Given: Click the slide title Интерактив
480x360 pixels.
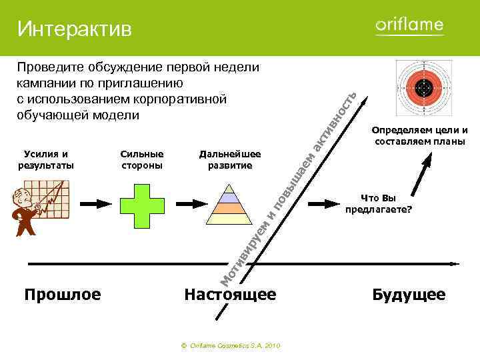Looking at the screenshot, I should tap(75, 29).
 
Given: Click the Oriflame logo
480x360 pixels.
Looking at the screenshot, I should tap(409, 26).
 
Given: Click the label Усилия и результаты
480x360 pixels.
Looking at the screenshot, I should tap(47, 160).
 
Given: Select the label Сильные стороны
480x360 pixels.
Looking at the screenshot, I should tap(142, 160).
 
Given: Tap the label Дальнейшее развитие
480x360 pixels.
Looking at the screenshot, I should tap(229, 160).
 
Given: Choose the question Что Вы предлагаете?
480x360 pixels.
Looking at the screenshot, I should tap(379, 203).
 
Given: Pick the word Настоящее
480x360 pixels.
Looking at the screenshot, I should tap(230, 294).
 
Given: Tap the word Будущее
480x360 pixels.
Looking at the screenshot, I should tap(409, 294).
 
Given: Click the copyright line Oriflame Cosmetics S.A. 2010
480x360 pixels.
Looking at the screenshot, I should tap(231, 346).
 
